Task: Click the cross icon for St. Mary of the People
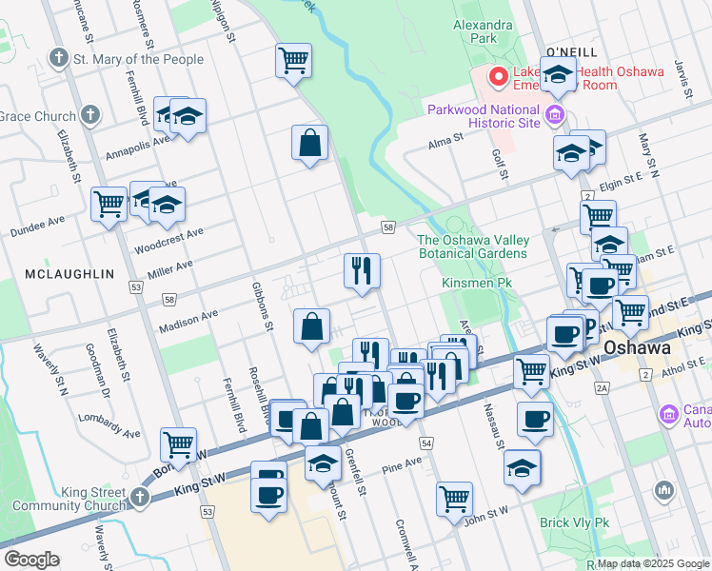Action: point(59,59)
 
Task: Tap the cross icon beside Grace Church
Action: point(90,116)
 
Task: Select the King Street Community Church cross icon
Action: point(140,497)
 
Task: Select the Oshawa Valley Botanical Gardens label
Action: point(472,246)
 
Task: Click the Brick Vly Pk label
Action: point(574,522)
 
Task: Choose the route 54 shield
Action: point(425,443)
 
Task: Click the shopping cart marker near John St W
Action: point(455,496)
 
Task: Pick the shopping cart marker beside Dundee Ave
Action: point(109,202)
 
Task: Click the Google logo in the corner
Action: point(31,559)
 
